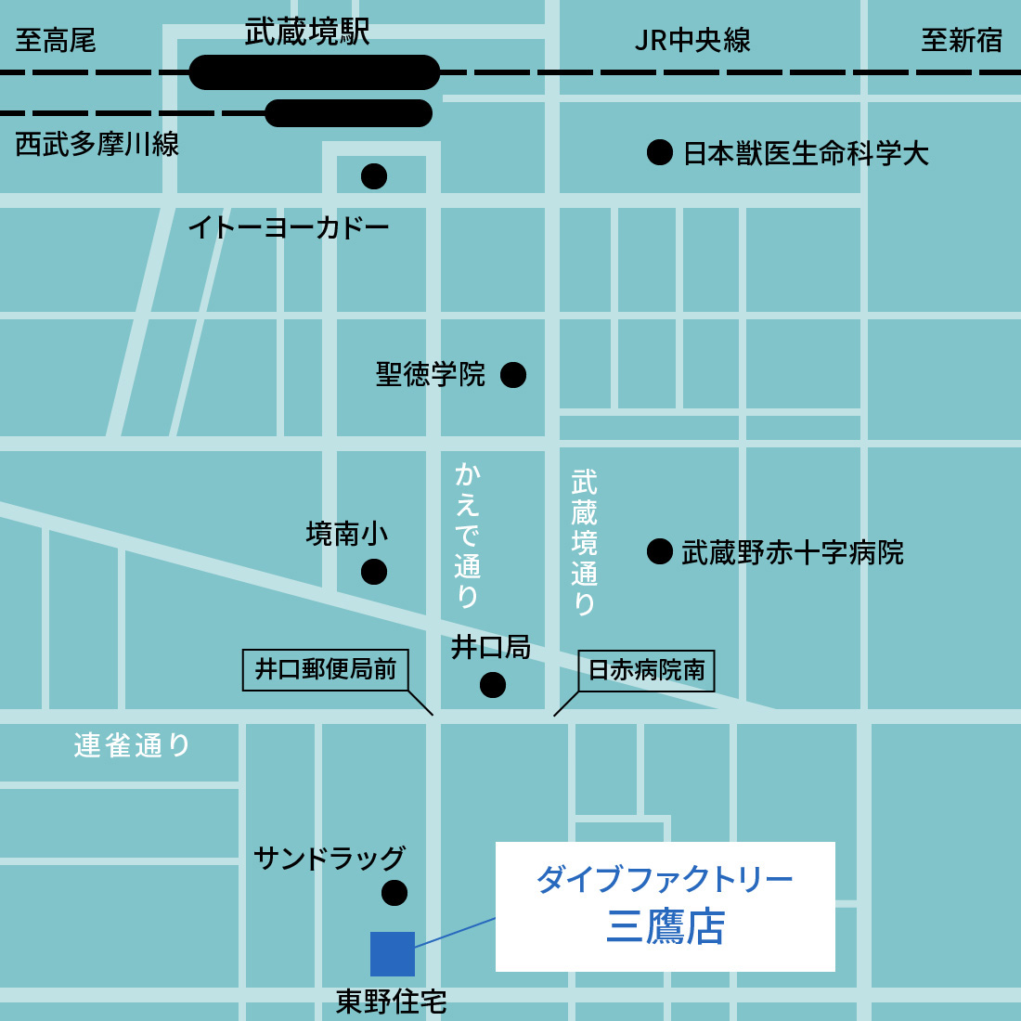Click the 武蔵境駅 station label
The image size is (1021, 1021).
click(307, 32)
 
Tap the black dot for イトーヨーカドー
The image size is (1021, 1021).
click(374, 176)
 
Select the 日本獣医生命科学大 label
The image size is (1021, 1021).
click(805, 153)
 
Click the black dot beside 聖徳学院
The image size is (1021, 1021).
click(513, 375)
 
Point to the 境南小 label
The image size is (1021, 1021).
click(347, 534)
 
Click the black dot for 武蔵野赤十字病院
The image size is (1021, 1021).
click(660, 551)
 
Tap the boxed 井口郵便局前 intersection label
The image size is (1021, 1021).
click(326, 669)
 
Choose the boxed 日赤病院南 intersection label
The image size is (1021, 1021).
click(646, 670)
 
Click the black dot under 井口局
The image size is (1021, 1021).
click(493, 685)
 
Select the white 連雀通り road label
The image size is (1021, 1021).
click(132, 745)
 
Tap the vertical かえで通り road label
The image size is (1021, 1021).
click(467, 535)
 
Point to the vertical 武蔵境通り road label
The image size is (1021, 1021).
click(584, 542)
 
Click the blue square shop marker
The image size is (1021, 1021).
click(393, 954)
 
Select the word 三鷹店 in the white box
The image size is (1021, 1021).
click(666, 927)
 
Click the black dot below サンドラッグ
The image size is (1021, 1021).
click(394, 893)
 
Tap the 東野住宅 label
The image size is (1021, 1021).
click(391, 1002)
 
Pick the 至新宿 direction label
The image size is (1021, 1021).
click(962, 41)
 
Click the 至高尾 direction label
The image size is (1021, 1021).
click(56, 41)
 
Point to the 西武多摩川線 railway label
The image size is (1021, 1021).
click(97, 145)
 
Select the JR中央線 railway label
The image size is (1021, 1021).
click(692, 41)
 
